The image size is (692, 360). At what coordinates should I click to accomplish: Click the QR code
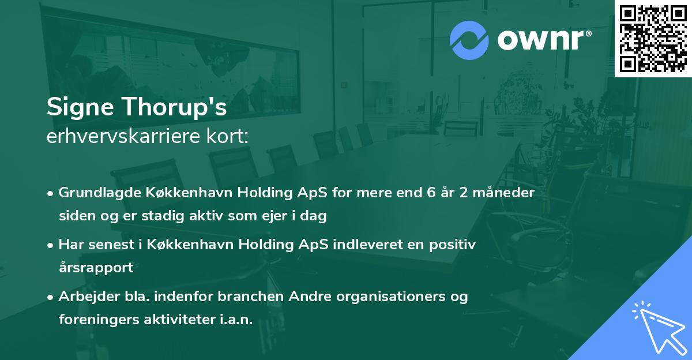[653, 38]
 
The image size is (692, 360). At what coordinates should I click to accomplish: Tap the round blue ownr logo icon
[469, 40]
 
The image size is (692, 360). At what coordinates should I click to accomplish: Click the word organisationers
[400, 297]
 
